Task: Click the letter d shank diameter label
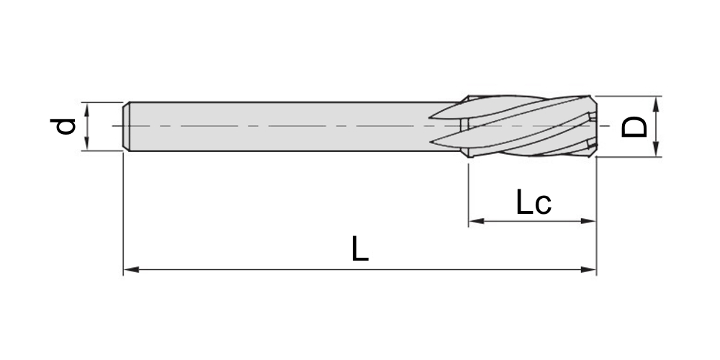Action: coord(63,126)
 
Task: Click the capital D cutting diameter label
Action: coord(634,127)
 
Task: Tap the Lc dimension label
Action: coord(533,202)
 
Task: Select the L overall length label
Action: coord(360,249)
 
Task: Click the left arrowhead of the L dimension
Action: coord(131,269)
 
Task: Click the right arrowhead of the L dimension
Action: coord(588,269)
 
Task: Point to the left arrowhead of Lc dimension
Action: coord(477,221)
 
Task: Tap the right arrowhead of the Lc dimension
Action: coord(588,221)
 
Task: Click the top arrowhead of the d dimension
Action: coord(87,110)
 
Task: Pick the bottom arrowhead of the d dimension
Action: coord(87,143)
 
